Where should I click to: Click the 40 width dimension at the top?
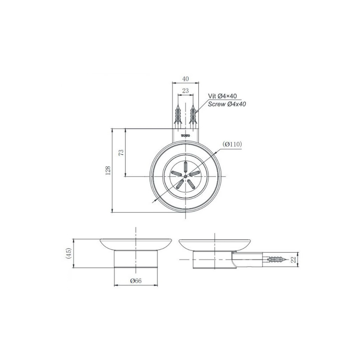(185, 79)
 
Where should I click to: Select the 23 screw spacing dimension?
(185, 91)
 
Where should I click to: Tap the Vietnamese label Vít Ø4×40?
(222, 96)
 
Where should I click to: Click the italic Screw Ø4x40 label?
(227, 104)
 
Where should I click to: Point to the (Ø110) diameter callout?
(232, 144)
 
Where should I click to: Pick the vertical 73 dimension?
(121, 153)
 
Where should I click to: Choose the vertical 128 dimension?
(108, 171)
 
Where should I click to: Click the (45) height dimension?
(68, 253)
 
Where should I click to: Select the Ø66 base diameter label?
(136, 281)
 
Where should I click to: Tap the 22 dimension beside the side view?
(294, 259)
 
